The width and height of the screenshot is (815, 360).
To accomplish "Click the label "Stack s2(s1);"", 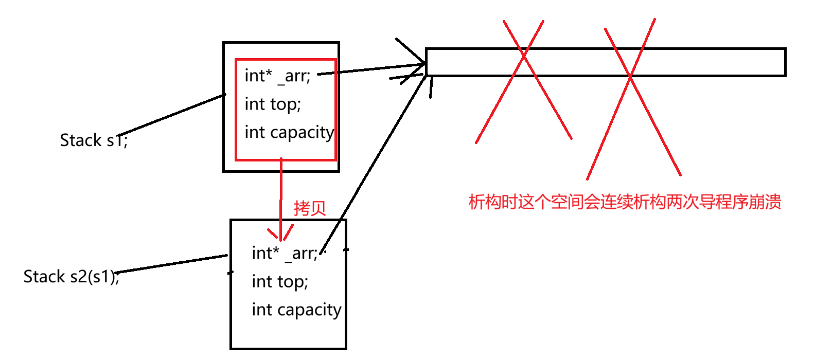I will coord(71,277).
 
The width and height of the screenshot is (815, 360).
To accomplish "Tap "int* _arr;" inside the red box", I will coord(277,76).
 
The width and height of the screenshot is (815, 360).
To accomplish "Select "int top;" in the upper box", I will coord(273,104).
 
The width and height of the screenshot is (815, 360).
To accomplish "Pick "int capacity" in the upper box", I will coord(289,133).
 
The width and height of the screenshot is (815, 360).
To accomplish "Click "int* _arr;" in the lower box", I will coord(285,254).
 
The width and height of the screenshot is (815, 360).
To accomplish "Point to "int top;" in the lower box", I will coord(280,282).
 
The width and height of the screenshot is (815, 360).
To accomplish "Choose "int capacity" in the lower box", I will coord(296,310).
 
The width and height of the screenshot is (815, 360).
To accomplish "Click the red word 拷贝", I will coord(310,208).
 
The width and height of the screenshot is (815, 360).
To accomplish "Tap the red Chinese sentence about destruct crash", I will coord(625,202).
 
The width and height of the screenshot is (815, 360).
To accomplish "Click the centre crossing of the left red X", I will coord(524,55).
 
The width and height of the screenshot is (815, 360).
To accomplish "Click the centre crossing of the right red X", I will coord(630,77).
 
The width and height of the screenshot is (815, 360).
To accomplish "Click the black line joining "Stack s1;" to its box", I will coord(172,115).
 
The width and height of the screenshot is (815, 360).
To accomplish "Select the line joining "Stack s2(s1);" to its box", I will coord(172,263).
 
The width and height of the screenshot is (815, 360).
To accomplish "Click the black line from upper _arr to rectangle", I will coord(370,69).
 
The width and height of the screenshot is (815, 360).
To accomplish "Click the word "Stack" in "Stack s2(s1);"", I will coord(44,277).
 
